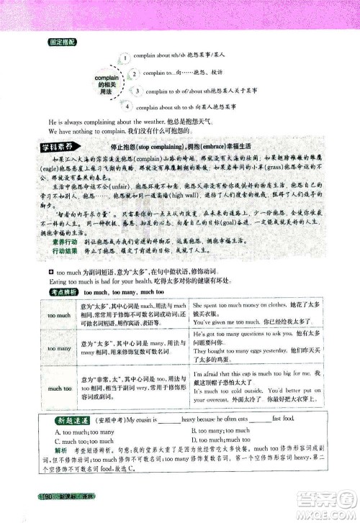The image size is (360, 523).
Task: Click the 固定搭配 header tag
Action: click(x=60, y=42)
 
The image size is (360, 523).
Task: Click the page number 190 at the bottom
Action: click(x=51, y=497)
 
